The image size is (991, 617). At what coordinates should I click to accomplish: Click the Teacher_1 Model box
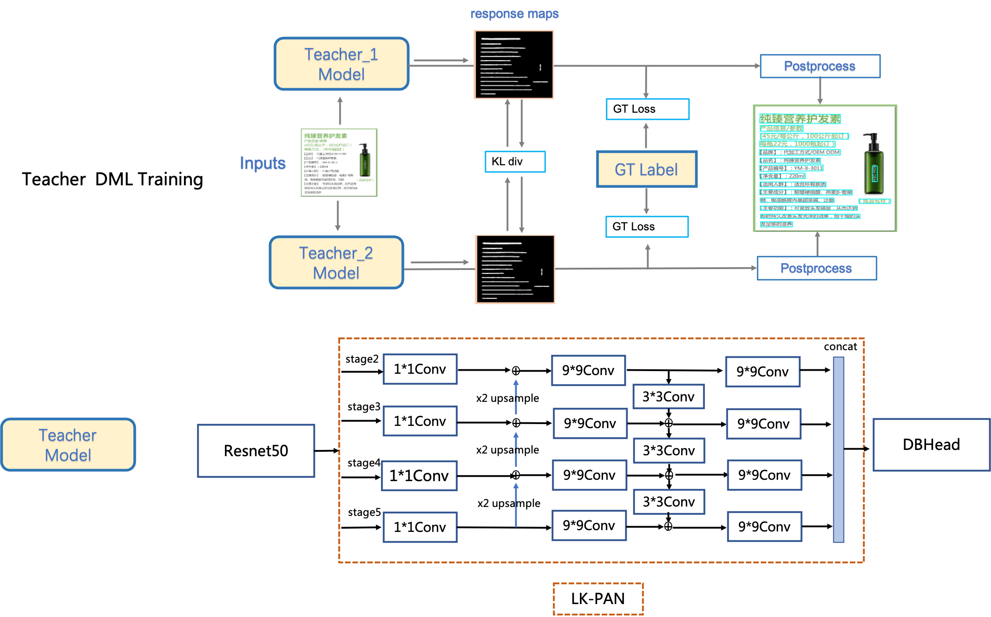tap(341, 64)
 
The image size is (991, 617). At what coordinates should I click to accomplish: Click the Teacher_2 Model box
tap(336, 263)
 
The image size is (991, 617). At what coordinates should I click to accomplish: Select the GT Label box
tap(646, 169)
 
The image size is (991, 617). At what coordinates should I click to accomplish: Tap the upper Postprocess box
tap(820, 66)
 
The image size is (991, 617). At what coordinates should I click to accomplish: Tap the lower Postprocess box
tap(816, 268)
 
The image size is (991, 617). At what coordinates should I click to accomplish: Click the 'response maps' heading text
tap(514, 14)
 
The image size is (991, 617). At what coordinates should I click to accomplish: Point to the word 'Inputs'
tap(263, 163)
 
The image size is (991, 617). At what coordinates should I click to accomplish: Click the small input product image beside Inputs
tap(339, 163)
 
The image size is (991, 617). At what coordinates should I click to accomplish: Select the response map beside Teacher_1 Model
tap(514, 65)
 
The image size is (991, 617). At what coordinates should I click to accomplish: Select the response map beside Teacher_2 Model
tap(515, 270)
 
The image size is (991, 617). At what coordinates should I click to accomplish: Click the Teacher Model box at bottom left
tap(68, 445)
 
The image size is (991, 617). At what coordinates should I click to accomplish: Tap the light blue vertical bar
tap(838, 449)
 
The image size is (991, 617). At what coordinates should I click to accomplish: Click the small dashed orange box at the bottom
tap(598, 599)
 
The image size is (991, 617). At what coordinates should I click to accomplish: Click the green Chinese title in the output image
tap(800, 119)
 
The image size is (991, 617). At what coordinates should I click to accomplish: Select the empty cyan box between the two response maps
tap(515, 162)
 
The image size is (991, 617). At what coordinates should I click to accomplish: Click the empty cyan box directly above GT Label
tap(648, 109)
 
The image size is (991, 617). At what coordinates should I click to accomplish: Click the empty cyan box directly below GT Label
tap(647, 227)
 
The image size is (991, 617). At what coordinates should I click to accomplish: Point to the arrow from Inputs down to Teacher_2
tap(338, 216)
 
